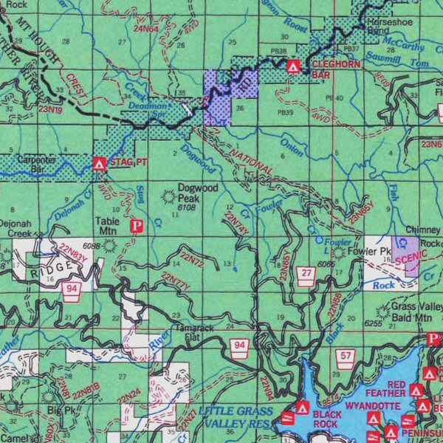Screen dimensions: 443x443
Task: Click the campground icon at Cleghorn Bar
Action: coord(294,66)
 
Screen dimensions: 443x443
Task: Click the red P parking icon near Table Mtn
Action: coord(136,226)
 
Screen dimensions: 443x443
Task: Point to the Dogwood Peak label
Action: coord(199,193)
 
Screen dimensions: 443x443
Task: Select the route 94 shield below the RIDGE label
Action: coord(71,288)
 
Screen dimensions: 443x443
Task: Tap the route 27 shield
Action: coord(306,274)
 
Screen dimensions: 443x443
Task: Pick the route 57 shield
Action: coord(346,357)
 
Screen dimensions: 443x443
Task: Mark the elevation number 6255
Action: coord(375,324)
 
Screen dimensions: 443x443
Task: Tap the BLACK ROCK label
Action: coord(326,419)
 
